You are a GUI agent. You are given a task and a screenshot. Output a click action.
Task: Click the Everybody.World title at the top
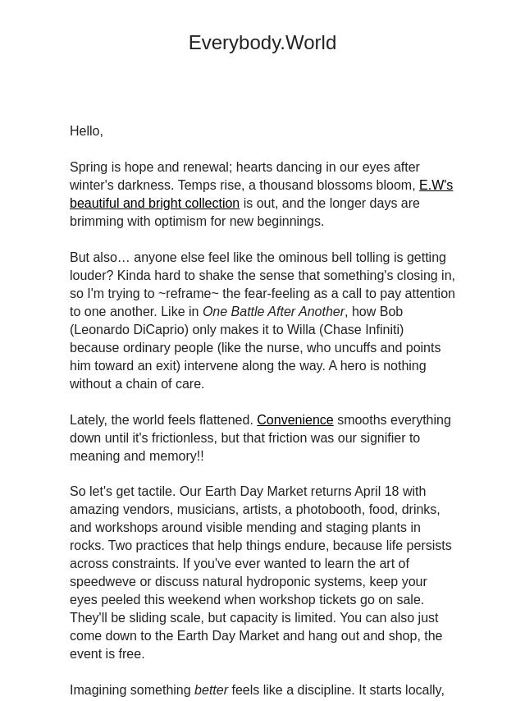[262, 43]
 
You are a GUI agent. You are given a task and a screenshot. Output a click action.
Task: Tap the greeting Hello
[85, 131]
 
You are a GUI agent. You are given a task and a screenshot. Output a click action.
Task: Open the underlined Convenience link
[294, 420]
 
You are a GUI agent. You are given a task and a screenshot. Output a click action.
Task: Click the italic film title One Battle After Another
[273, 312]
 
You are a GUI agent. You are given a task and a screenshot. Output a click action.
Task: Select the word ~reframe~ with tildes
[185, 294]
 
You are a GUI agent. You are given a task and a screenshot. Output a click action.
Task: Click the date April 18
[379, 492]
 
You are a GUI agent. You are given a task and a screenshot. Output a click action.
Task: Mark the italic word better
[211, 690]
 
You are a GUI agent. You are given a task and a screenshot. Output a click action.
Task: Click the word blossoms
[341, 186]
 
